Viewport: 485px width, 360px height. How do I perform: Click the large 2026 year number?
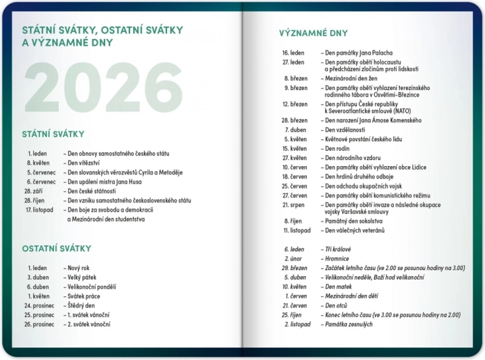point(104,89)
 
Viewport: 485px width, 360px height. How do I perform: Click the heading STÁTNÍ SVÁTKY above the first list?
point(53,134)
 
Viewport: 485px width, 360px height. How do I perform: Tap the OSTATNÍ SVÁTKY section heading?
point(56,249)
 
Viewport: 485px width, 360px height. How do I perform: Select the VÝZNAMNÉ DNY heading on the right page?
point(313,33)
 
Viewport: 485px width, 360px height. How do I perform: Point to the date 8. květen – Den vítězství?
point(39,163)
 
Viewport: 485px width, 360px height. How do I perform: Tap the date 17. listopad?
point(39,210)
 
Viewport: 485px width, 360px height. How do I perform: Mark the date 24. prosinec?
point(39,305)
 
